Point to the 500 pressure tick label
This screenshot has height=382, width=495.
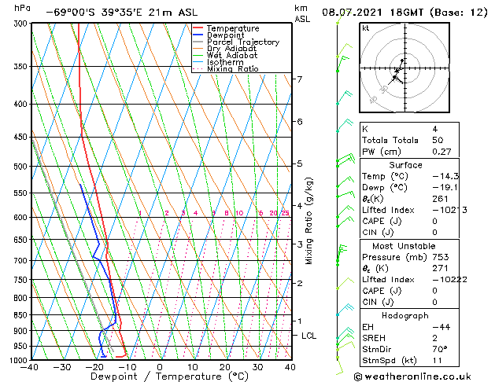(x=17, y=167)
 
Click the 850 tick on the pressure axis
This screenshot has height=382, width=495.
(x=17, y=314)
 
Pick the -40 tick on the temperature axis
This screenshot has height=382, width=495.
(x=31, y=367)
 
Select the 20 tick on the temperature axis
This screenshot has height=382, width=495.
(x=225, y=367)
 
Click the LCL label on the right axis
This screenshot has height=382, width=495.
(x=309, y=336)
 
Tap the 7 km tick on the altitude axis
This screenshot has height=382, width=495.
(x=299, y=79)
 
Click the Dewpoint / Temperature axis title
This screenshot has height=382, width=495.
(x=159, y=377)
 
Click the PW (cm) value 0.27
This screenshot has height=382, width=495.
(x=438, y=152)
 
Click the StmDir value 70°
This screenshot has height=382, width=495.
(x=439, y=349)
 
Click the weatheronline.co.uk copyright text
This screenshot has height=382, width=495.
(x=423, y=375)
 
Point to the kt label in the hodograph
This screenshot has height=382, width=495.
(x=365, y=28)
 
